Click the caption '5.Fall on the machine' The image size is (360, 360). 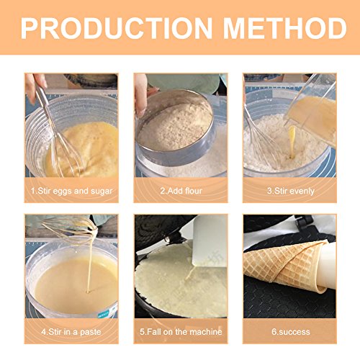pos(180,331)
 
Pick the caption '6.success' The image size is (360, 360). pos(289,331)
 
